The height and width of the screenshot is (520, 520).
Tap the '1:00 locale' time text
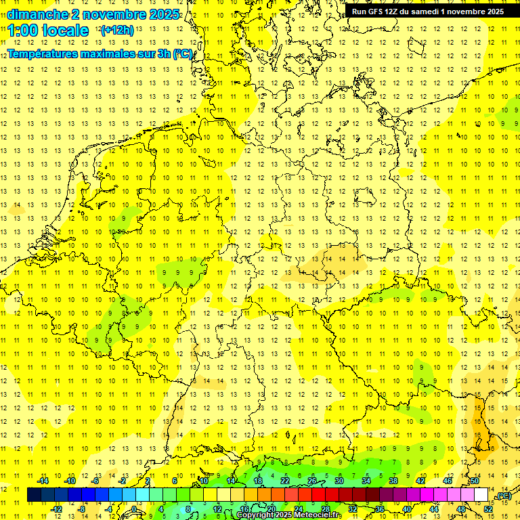click(x=49, y=30)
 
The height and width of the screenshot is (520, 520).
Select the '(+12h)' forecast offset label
click(x=116, y=30)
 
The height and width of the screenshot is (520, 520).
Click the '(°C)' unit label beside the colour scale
click(x=504, y=496)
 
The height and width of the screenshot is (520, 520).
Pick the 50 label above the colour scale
click(x=475, y=481)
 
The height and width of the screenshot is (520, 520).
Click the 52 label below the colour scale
click(x=488, y=508)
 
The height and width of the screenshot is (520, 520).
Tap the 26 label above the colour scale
click(x=312, y=481)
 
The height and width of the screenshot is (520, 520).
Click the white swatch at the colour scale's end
click(x=481, y=495)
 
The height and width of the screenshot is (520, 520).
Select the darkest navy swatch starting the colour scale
click(x=34, y=495)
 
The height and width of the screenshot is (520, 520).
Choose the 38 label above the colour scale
click(x=393, y=481)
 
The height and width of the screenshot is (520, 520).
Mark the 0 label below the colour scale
click(x=135, y=508)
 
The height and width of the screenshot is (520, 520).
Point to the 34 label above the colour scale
click(x=366, y=481)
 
